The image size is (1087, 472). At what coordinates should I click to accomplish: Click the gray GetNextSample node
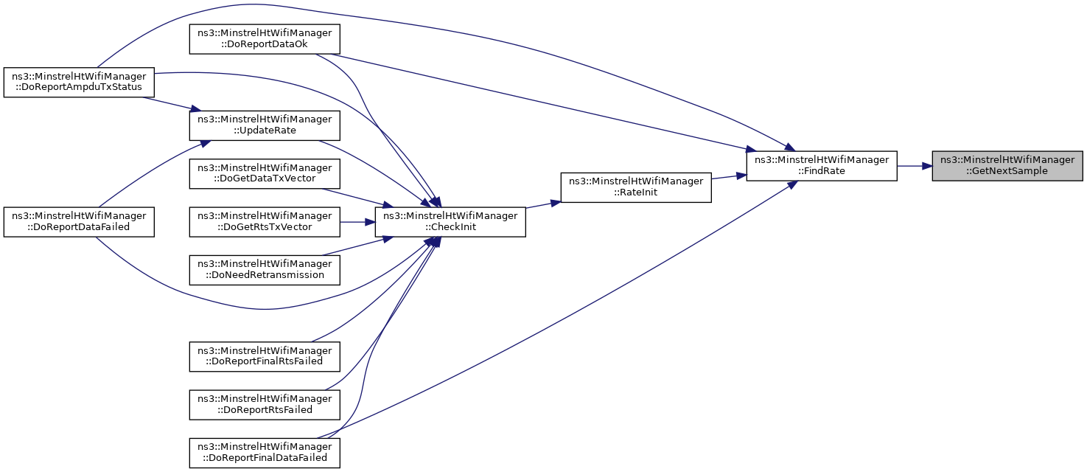click(1007, 166)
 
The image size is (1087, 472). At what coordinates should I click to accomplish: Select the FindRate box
click(821, 166)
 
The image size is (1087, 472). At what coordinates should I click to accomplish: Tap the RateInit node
click(635, 187)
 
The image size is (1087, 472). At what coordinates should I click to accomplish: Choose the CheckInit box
click(450, 221)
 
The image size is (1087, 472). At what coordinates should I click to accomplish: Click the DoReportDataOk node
click(265, 38)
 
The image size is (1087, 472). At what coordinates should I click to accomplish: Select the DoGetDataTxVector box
click(265, 173)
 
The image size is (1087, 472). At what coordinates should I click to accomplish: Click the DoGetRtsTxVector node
click(265, 221)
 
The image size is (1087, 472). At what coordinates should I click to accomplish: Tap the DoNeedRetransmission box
click(265, 269)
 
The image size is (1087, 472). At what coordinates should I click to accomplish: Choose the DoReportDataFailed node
click(79, 221)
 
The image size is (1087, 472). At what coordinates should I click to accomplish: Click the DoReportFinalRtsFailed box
click(265, 356)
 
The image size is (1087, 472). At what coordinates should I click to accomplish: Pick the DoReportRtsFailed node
click(265, 404)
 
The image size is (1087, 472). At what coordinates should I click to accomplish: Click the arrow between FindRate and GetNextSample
click(914, 166)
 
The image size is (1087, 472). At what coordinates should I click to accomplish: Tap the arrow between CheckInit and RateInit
click(543, 204)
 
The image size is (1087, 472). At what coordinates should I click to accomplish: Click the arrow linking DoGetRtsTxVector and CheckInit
click(357, 221)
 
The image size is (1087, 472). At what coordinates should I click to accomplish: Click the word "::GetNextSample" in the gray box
click(1007, 171)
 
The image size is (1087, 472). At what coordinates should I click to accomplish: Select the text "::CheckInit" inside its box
click(450, 227)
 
